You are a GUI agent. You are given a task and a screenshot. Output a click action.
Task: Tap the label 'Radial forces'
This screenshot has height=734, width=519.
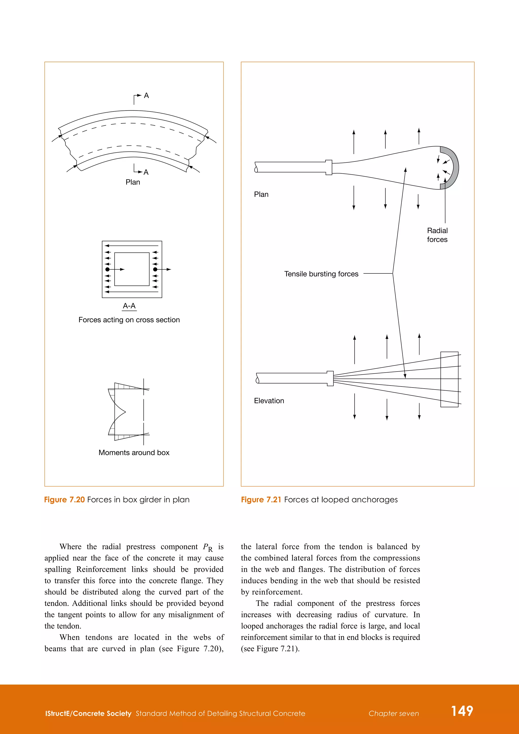[437, 235]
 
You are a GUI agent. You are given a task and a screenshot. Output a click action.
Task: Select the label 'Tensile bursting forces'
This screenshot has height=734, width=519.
[321, 274]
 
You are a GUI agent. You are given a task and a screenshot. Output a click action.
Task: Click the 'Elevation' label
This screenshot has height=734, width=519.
[269, 401]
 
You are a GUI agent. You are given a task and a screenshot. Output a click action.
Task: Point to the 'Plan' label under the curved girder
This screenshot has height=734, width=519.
[133, 182]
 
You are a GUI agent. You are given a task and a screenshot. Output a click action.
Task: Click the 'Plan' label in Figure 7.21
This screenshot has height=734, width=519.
[261, 194]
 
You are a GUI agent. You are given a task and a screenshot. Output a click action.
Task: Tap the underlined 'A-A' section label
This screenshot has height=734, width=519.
[129, 306]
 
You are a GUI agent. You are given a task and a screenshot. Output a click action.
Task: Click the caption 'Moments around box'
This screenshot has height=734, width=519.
[134, 453]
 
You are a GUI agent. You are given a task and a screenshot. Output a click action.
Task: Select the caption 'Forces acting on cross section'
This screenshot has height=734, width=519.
[129, 320]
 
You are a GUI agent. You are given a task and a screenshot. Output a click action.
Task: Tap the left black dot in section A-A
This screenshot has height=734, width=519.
[108, 269]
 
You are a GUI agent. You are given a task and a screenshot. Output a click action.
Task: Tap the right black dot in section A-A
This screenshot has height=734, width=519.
[155, 269]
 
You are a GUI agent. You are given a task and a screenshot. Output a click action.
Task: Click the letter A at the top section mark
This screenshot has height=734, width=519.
[146, 96]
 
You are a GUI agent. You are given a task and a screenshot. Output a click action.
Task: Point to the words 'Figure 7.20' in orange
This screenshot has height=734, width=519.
[64, 500]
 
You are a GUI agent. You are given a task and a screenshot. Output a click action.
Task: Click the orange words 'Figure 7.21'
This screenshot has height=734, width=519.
[261, 500]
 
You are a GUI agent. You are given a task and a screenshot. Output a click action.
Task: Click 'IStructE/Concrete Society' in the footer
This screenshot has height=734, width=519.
[88, 713]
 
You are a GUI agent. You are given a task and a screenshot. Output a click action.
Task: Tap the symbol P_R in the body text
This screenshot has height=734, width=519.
[208, 547]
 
